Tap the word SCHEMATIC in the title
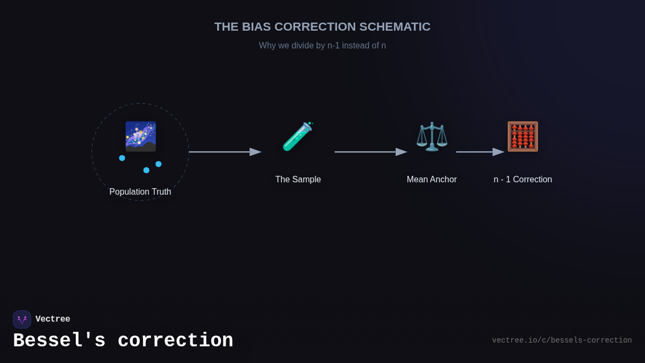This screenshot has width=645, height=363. [395, 27]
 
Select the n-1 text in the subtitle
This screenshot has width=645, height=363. [333, 46]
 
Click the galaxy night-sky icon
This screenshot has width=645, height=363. [140, 137]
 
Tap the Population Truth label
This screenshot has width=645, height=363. [140, 192]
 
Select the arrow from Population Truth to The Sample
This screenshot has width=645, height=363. [225, 152]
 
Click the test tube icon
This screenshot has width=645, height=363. [298, 137]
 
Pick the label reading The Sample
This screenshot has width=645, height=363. [298, 180]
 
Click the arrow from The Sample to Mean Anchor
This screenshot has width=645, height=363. [370, 152]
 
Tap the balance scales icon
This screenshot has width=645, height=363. [432, 137]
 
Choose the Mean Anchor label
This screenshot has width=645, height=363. [432, 180]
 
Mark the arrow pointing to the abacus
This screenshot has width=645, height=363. [479, 152]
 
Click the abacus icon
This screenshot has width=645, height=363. [522, 137]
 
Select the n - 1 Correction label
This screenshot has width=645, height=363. [522, 180]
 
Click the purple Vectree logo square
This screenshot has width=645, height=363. [22, 319]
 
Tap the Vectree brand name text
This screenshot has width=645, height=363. [53, 319]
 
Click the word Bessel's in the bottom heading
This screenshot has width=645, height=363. [59, 341]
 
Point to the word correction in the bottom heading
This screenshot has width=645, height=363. [175, 341]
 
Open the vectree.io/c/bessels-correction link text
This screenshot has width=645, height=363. [562, 340]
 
